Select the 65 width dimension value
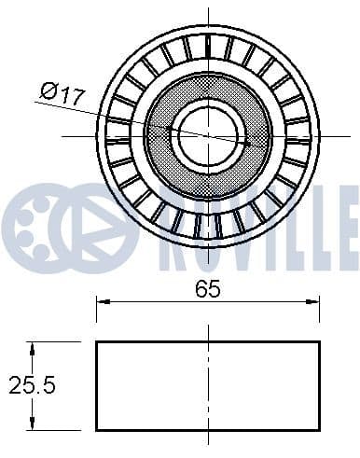click(208, 288)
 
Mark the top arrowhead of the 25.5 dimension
click(33, 347)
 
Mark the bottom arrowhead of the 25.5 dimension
click(33, 424)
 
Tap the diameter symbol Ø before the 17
click(49, 90)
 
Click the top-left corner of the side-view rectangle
click(97, 342)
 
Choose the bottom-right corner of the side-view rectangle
click(319, 430)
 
